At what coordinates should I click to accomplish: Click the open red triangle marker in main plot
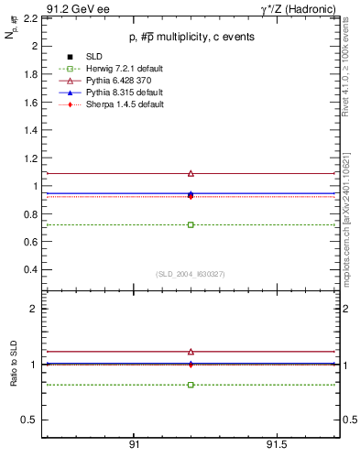pyautogui.click(x=191, y=173)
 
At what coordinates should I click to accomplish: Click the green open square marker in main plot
pyautogui.click(x=191, y=224)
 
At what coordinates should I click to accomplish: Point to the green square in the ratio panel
pyautogui.click(x=191, y=385)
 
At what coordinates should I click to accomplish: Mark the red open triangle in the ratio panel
pyautogui.click(x=191, y=351)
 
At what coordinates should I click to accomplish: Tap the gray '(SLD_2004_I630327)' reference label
pyautogui.click(x=190, y=274)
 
